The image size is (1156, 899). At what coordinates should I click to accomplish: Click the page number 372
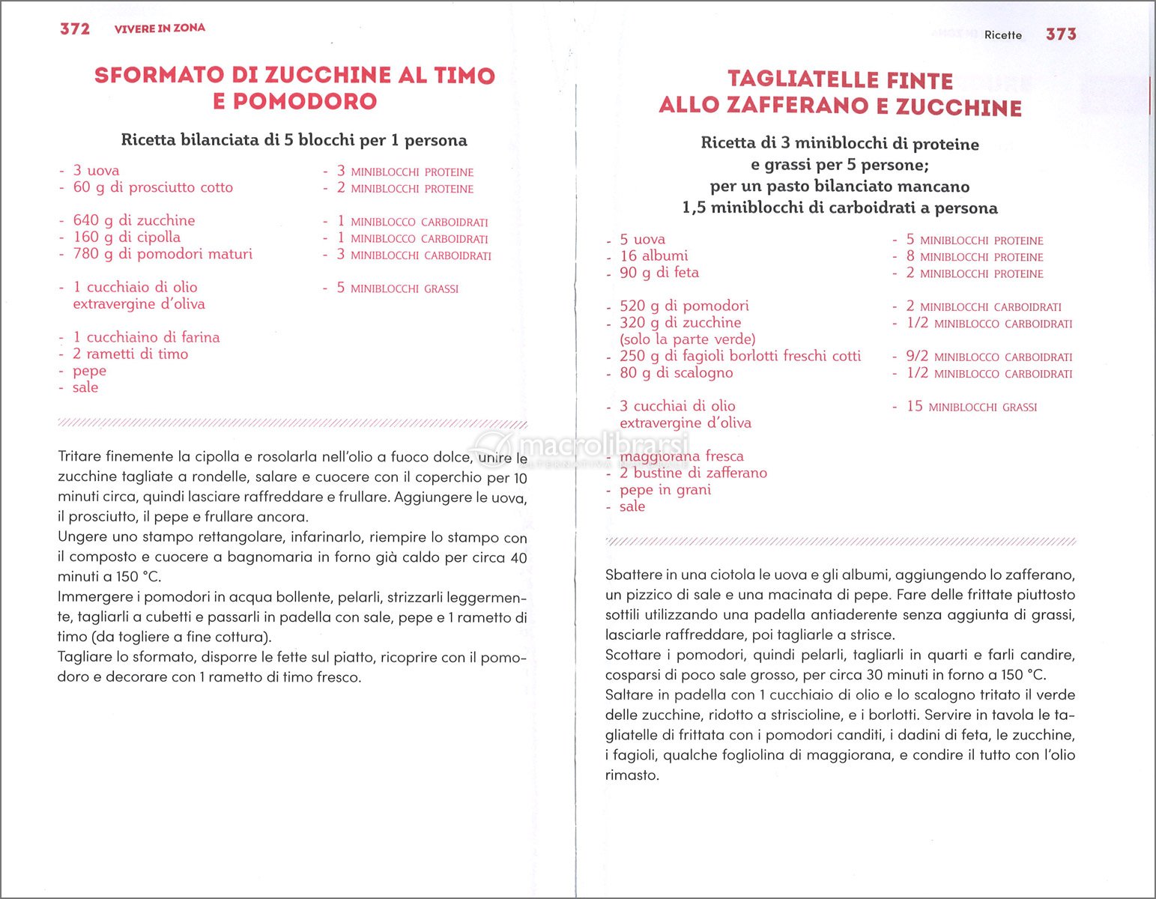click(x=75, y=28)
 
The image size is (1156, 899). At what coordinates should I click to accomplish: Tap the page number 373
click(x=1061, y=34)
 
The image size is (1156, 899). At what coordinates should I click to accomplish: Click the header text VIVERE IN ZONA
click(x=160, y=28)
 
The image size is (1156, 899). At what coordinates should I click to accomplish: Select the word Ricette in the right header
click(x=1002, y=35)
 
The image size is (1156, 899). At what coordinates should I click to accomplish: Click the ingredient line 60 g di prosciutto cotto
click(x=153, y=187)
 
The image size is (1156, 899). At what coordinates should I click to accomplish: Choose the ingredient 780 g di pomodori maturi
click(x=163, y=254)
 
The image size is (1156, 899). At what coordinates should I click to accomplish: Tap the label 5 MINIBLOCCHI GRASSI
click(x=397, y=288)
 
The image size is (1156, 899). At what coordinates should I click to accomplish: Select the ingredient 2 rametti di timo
click(x=130, y=354)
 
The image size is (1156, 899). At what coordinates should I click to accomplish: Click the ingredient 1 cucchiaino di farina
click(x=146, y=337)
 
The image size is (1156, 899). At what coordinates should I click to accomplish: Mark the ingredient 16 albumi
click(x=653, y=255)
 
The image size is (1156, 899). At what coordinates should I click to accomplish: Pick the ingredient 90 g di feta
click(x=659, y=273)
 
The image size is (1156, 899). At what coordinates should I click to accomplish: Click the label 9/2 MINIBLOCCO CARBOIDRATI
click(x=989, y=357)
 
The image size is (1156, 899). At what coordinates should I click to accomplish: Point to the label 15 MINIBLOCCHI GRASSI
click(x=972, y=407)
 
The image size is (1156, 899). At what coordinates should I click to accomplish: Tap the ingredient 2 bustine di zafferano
click(x=693, y=473)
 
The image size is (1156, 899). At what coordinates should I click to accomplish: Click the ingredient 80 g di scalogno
click(x=676, y=372)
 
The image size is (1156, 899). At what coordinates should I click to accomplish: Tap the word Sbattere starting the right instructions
click(x=632, y=575)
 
